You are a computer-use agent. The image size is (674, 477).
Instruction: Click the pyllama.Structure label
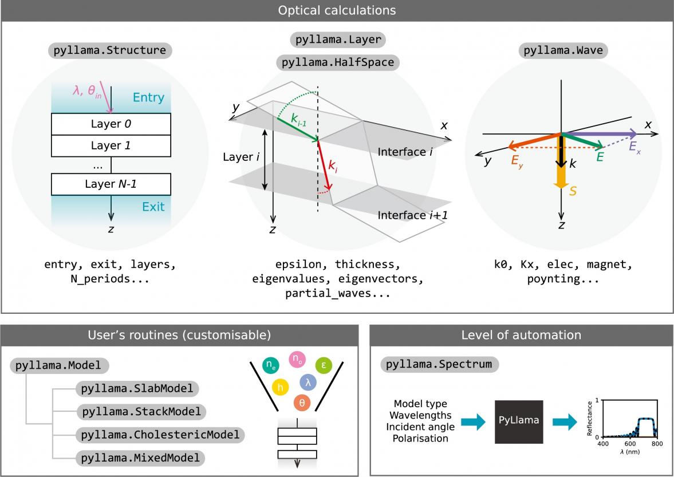[x=109, y=50]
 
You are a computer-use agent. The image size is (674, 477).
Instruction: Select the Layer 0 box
[x=111, y=123]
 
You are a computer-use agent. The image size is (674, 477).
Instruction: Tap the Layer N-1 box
[x=111, y=184]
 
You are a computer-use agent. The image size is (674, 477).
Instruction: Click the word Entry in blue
[x=148, y=98]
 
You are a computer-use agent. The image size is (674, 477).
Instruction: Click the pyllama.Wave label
[x=563, y=50]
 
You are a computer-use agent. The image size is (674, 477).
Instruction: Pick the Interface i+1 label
[x=412, y=215]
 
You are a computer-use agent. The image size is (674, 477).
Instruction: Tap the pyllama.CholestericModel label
[x=160, y=435]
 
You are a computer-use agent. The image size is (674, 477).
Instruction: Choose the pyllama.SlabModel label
[x=137, y=389]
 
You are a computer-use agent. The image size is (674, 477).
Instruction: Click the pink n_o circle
[x=296, y=359]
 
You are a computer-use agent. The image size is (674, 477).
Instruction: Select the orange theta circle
[x=303, y=403]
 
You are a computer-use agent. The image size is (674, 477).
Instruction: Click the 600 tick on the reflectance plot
[x=629, y=443]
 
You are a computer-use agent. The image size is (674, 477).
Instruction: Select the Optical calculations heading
[x=337, y=10]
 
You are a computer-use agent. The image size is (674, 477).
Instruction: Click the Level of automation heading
[x=521, y=335]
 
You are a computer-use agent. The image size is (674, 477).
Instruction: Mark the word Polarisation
[x=420, y=439]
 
